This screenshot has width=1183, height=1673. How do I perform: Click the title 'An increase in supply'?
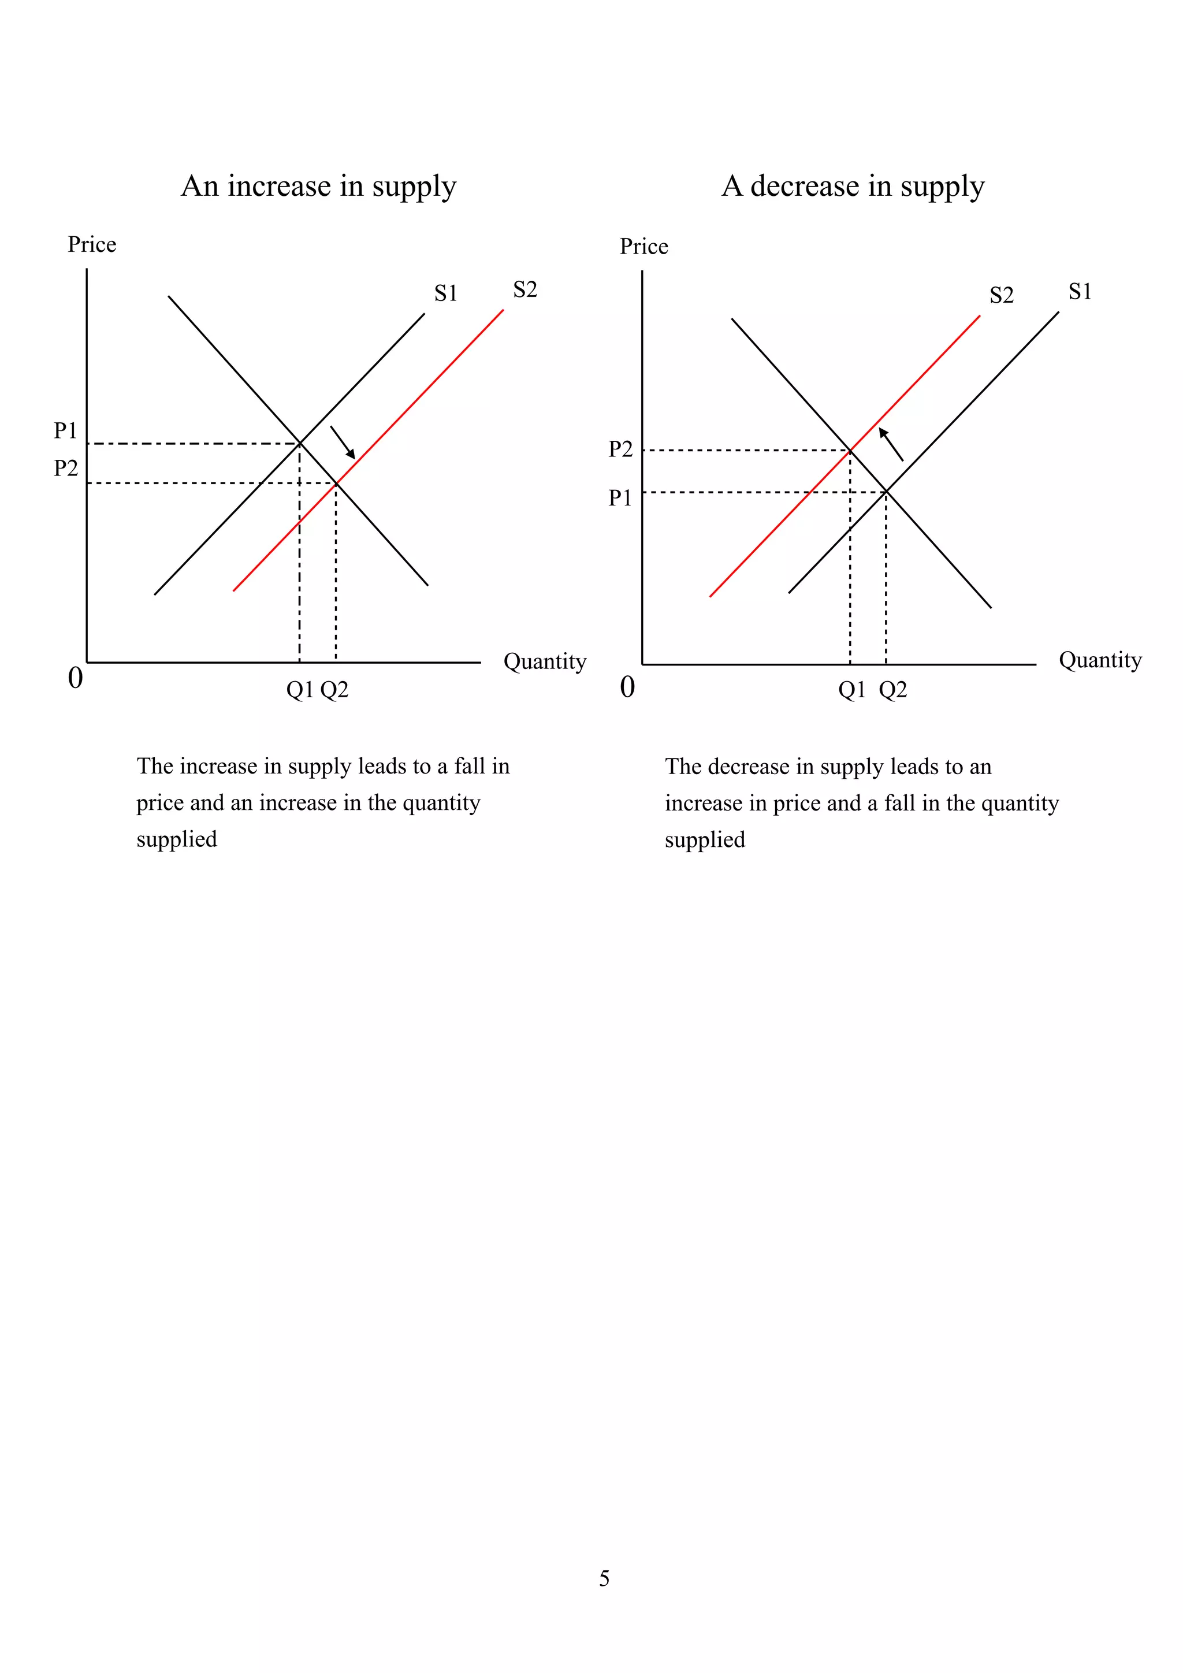pyautogui.click(x=318, y=187)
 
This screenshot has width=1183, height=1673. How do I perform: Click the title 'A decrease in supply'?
pyautogui.click(x=853, y=187)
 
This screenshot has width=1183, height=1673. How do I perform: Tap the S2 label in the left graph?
pyautogui.click(x=524, y=289)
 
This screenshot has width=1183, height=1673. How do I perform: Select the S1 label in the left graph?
pyautogui.click(x=446, y=293)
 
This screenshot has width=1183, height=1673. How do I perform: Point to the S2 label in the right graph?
pyautogui.click(x=1002, y=295)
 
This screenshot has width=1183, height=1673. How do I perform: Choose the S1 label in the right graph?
pyautogui.click(x=1080, y=292)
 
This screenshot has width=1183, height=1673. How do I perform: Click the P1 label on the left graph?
pyautogui.click(x=65, y=430)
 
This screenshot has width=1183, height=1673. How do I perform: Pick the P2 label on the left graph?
pyautogui.click(x=65, y=468)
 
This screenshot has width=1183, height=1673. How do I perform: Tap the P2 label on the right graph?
pyautogui.click(x=620, y=449)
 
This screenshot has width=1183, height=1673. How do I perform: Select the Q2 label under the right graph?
pyautogui.click(x=893, y=689)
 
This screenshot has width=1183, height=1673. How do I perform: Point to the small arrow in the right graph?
pyautogui.click(x=891, y=444)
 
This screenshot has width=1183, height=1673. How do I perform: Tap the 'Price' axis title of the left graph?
pyautogui.click(x=92, y=244)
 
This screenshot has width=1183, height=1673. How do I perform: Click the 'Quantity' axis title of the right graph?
pyautogui.click(x=1100, y=660)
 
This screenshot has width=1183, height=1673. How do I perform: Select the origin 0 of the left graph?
pyautogui.click(x=75, y=678)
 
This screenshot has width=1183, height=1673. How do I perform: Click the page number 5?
pyautogui.click(x=604, y=1578)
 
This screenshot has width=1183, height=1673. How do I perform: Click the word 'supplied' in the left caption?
pyautogui.click(x=177, y=839)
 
